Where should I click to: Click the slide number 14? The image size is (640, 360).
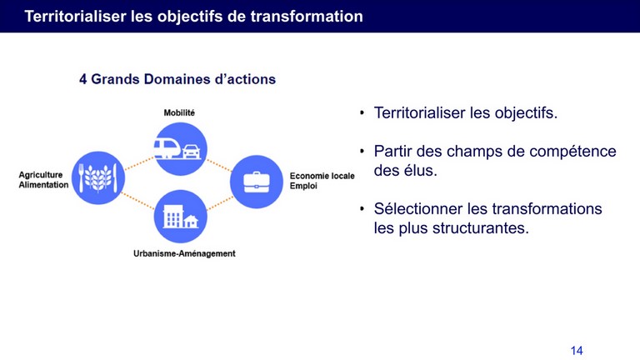pos(577,351)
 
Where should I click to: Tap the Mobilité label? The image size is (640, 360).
pos(179,112)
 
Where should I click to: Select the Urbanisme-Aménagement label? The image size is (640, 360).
pos(184,253)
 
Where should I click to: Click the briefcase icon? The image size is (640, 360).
pos(257,182)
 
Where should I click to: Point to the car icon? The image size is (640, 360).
pos(192,152)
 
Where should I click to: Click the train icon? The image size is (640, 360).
pos(167,148)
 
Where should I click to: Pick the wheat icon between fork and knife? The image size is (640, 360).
pos(98,178)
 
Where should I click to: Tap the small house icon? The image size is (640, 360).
pos(191,221)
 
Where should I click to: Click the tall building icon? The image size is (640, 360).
pos(172,216)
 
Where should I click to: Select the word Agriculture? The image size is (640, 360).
pos(40,175)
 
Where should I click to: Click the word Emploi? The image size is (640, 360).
pos(303,186)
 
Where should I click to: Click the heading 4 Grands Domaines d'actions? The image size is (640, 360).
pos(177,79)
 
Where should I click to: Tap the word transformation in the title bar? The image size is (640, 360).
pos(307,17)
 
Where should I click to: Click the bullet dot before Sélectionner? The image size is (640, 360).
pos(362,209)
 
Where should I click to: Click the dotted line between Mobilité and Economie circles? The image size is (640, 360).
pos(219,165)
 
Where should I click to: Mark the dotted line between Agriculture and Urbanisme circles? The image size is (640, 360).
pos(138,201)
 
